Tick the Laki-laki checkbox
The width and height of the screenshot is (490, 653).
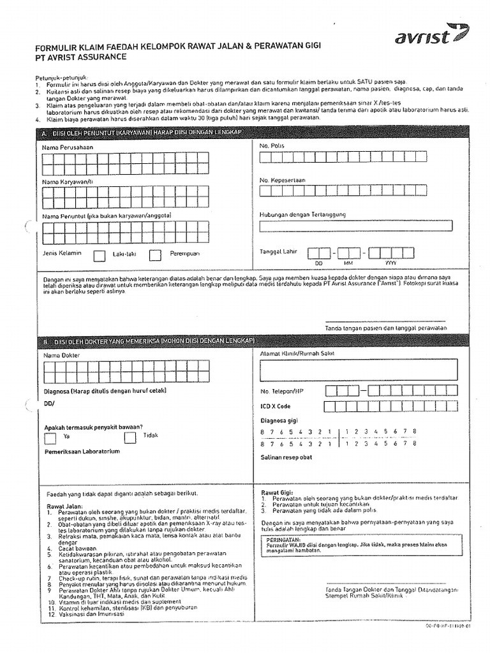click(100, 256)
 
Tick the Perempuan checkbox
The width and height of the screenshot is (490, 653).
click(155, 256)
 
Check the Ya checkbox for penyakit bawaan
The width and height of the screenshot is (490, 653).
click(50, 437)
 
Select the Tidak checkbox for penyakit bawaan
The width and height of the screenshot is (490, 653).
click(130, 437)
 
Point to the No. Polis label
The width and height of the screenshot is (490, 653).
click(272, 146)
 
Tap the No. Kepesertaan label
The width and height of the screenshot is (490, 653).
click(283, 180)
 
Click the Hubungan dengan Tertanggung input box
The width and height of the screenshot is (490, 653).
click(356, 226)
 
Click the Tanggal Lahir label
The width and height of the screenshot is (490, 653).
click(279, 252)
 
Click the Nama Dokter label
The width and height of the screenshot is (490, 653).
click(61, 354)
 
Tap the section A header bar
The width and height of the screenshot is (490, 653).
click(253, 132)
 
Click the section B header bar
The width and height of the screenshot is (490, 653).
click(253, 341)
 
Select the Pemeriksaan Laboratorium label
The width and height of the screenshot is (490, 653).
click(82, 451)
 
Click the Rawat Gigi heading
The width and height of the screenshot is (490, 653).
click(277, 492)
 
